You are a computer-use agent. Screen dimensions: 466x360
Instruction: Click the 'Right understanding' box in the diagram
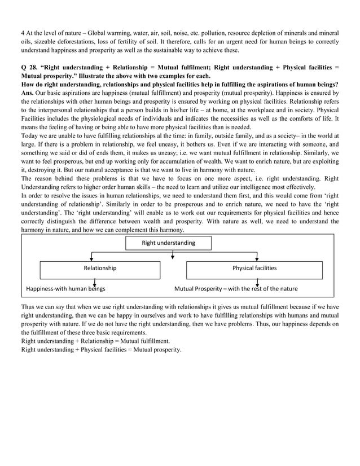point(168,243)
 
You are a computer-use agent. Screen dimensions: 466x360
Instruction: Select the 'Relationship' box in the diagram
point(100,269)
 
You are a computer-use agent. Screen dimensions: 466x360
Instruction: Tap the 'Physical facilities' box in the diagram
point(254,269)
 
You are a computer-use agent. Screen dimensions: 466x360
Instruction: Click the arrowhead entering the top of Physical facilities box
point(257,258)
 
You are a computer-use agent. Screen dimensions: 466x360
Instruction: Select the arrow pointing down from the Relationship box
point(95,284)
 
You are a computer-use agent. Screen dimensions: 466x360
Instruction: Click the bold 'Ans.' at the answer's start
point(27,92)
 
